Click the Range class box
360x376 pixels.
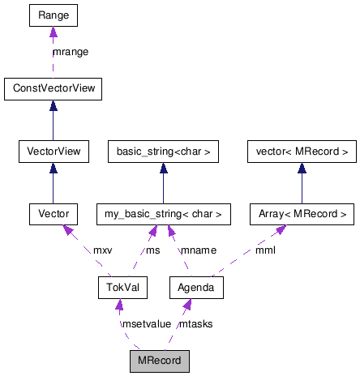pyautogui.click(x=53, y=15)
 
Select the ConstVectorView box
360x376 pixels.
pyautogui.click(x=53, y=88)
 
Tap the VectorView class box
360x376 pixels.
pyautogui.click(x=53, y=151)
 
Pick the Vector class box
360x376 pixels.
pyautogui.click(x=53, y=214)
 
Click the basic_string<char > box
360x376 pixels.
pyautogui.click(x=163, y=151)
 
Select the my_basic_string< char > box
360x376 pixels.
pyautogui.click(x=163, y=214)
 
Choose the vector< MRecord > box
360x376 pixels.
pyautogui.click(x=302, y=151)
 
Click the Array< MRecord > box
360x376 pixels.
pyautogui.click(x=302, y=214)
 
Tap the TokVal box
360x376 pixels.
pyautogui.click(x=118, y=287)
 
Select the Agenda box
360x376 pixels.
pyautogui.click(x=195, y=287)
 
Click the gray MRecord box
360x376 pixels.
pyautogui.click(x=159, y=360)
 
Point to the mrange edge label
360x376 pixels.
pyautogui.click(x=70, y=52)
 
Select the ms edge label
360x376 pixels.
pyautogui.click(x=152, y=250)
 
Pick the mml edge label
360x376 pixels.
pyautogui.click(x=265, y=250)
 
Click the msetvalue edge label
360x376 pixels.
pyautogui.click(x=146, y=323)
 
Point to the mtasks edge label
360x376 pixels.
pyautogui.click(x=195, y=323)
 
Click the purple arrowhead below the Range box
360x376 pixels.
pyautogui.click(x=53, y=32)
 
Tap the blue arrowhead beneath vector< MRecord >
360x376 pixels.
pyautogui.click(x=302, y=168)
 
